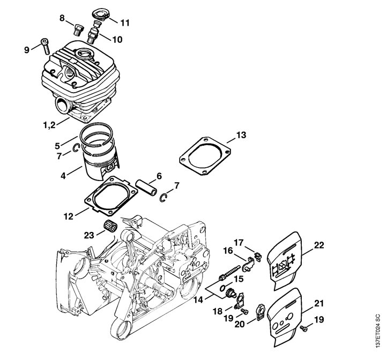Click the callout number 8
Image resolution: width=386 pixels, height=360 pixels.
(62, 18)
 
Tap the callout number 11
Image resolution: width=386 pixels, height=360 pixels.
(125, 23)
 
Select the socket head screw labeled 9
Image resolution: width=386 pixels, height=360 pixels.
(45, 46)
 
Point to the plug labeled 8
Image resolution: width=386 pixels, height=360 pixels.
(79, 29)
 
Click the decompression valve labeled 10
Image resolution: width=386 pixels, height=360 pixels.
(93, 33)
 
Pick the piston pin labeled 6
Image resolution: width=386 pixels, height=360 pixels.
(146, 188)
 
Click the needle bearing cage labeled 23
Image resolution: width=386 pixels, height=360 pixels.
(109, 226)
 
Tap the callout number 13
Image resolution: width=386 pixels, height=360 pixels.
(241, 135)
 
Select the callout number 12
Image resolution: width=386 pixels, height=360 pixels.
(69, 216)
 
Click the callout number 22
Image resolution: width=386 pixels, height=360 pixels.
(319, 245)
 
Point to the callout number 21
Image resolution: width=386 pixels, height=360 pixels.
(319, 303)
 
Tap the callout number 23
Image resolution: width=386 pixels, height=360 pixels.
(89, 235)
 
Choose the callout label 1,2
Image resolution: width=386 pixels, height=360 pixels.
(49, 125)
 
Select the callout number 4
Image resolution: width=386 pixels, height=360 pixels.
(63, 176)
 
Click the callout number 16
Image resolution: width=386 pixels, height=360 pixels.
(228, 251)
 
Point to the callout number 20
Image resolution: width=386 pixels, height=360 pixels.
(240, 324)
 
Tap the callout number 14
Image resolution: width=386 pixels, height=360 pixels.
(198, 299)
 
